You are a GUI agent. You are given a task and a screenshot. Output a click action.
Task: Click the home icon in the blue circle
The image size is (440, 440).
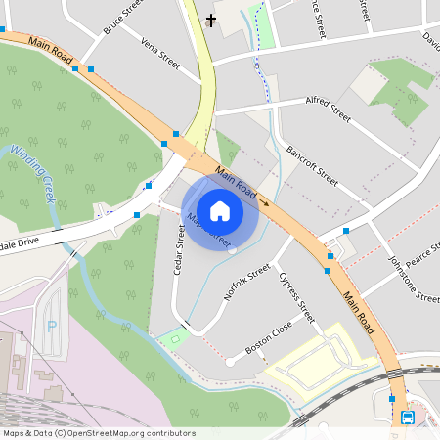click(220, 210)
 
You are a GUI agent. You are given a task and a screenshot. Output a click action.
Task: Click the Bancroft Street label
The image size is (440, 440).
click(312, 165)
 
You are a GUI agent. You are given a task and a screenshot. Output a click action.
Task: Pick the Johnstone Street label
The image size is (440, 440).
click(414, 280)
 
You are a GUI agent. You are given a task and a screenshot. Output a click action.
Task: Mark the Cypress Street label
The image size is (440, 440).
click(296, 298)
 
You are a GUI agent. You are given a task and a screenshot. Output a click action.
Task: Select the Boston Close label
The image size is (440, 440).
click(269, 338)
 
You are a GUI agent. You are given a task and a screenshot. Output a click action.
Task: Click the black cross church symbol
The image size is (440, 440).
click(210, 20)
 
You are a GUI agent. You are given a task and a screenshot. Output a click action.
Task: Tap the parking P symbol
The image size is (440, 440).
click(52, 327)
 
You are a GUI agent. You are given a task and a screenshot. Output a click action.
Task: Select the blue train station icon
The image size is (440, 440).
click(408, 418)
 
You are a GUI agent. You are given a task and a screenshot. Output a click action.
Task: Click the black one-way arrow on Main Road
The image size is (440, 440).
click(263, 202)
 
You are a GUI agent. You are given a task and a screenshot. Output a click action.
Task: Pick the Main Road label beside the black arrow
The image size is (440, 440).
click(235, 184)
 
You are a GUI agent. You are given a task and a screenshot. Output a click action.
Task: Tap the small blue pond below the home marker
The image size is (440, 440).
click(231, 247)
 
